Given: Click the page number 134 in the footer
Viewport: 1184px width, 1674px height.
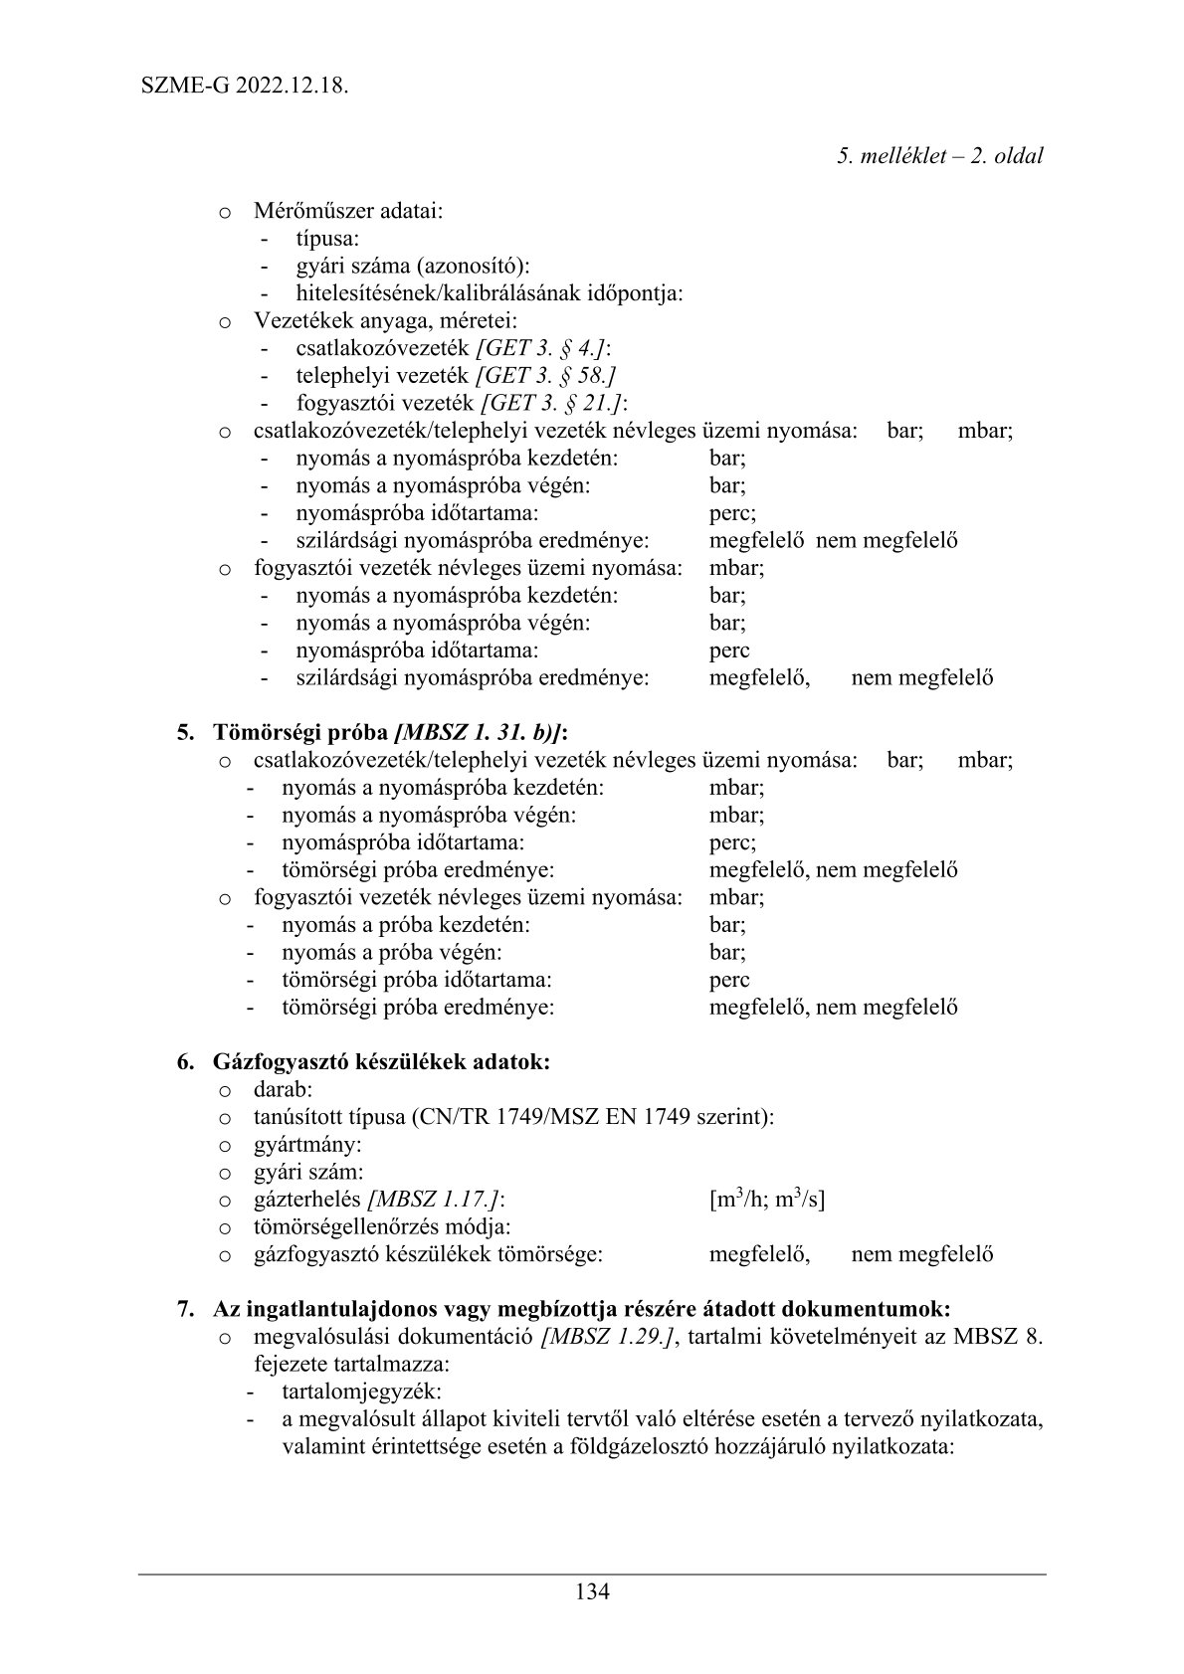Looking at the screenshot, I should [x=592, y=1590].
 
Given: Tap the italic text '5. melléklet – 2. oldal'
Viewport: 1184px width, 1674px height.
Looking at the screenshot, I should [x=939, y=156].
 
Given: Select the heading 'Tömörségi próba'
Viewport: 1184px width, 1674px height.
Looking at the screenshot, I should [x=300, y=733].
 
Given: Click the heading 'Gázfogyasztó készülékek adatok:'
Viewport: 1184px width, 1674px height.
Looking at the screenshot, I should [x=381, y=1061].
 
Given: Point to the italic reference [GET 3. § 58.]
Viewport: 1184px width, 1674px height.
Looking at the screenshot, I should [x=546, y=376].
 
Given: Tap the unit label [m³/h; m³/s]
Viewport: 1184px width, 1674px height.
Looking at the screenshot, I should [x=767, y=1200].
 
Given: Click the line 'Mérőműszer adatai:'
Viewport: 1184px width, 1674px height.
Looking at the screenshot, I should [x=348, y=211].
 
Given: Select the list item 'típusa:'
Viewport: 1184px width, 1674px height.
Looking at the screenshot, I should [x=327, y=239].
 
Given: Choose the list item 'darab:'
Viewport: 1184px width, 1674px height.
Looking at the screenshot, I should [x=284, y=1089].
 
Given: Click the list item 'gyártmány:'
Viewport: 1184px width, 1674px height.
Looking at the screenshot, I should [x=307, y=1144].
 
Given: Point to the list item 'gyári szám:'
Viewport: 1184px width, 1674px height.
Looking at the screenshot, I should [x=308, y=1172].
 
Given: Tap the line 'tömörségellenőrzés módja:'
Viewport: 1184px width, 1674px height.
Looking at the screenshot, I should [x=382, y=1226].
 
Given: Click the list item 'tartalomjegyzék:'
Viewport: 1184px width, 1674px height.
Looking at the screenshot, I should [x=361, y=1392].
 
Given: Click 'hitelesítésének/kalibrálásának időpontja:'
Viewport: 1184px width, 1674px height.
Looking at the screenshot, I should [x=489, y=293].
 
